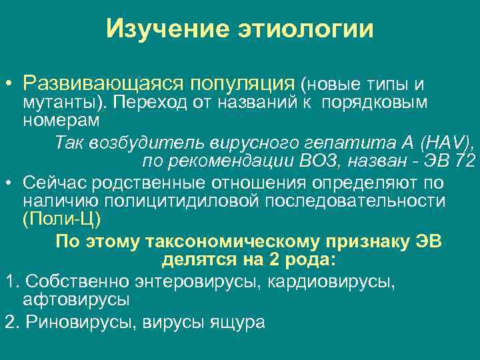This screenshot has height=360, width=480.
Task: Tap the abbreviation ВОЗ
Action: (315, 160)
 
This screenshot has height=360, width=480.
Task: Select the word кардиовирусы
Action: (331, 281)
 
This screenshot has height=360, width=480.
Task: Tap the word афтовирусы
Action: (75, 299)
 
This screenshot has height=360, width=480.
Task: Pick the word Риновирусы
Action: (73, 322)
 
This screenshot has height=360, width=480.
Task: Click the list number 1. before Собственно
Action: (9, 281)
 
